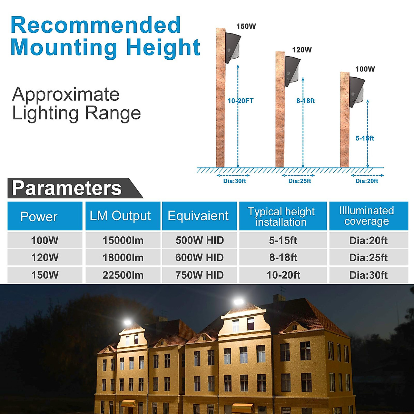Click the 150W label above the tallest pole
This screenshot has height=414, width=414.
click(x=246, y=27)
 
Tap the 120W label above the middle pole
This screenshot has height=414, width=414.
click(x=302, y=50)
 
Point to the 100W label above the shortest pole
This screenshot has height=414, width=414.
click(x=365, y=69)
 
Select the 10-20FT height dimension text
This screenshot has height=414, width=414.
click(x=240, y=101)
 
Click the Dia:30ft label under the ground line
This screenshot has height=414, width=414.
click(x=235, y=181)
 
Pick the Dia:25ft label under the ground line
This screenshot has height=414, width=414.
click(x=300, y=181)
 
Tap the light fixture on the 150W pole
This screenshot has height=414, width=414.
click(x=233, y=48)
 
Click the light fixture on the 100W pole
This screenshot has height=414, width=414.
click(x=357, y=92)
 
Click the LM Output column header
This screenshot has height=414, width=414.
click(x=120, y=216)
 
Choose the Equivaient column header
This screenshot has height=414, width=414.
click(x=198, y=216)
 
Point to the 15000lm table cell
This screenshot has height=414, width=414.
click(x=123, y=240)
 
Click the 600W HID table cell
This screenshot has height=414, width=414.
click(x=200, y=258)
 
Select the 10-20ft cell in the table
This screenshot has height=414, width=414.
click(x=283, y=275)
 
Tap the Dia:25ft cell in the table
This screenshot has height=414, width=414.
click(x=368, y=258)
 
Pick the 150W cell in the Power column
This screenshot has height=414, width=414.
click(x=45, y=275)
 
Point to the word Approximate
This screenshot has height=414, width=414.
click(x=66, y=95)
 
